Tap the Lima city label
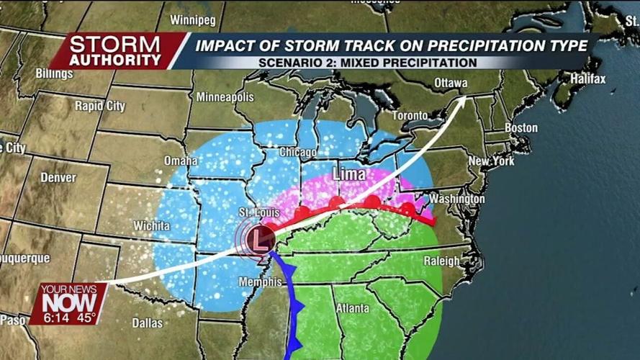tap(348, 175)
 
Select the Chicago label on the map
tap(297, 153)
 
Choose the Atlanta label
tap(352, 308)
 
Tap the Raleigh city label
tap(441, 261)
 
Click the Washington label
tap(456, 199)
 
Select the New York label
tap(492, 161)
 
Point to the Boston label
tap(520, 128)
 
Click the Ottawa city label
tap(451, 84)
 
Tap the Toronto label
tap(410, 115)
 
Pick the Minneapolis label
tap(225, 96)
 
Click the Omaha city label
tap(180, 161)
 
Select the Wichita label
tap(151, 226)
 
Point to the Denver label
tap(58, 177)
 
